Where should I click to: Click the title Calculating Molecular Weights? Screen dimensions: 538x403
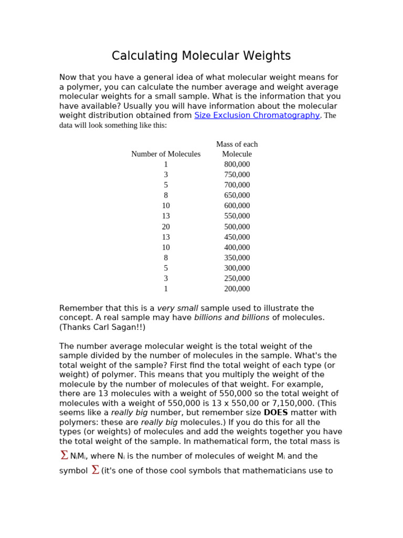201,56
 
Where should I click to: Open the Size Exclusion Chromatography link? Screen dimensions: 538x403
257,116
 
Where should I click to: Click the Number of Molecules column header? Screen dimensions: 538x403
166,154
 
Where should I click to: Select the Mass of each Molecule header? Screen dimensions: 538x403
237,149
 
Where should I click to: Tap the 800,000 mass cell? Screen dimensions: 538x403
237,164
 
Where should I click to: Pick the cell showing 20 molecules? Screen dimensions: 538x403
166,227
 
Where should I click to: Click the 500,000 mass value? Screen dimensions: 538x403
237,227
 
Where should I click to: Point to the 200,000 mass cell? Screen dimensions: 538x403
237,289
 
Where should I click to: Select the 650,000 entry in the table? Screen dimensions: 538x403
237,195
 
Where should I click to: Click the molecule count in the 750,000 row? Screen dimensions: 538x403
166,175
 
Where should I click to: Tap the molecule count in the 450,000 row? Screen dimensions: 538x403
166,237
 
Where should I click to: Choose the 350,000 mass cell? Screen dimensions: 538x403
237,258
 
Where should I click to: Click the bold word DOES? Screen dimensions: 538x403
275,413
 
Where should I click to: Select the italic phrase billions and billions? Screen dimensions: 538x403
231,318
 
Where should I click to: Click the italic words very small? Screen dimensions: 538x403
177,308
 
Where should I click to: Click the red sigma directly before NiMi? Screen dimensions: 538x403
64,456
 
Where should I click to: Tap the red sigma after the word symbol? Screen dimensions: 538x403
95,470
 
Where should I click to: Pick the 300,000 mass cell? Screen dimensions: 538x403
237,268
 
